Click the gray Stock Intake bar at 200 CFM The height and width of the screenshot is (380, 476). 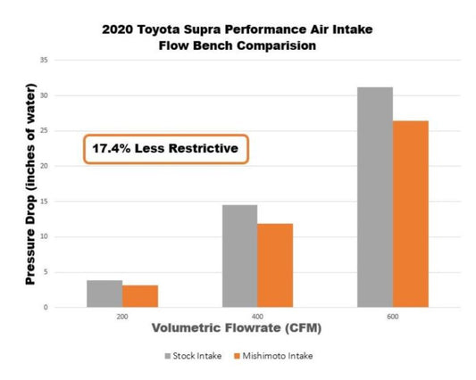coord(104,294)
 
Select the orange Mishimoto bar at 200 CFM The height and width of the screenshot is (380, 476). coord(140,296)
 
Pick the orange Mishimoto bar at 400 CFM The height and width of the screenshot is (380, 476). coord(275,266)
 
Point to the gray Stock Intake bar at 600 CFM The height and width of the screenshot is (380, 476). coord(375,197)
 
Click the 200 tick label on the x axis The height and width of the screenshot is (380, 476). coord(122,317)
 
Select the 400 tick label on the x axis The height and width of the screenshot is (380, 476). coord(257,317)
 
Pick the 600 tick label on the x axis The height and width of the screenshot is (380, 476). coord(393,317)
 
